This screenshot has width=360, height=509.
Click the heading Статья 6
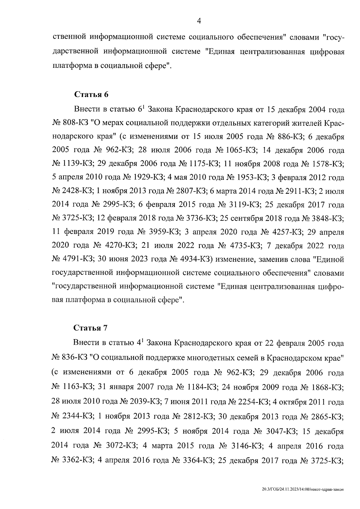click(x=91, y=95)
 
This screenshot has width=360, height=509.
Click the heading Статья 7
click(x=91, y=328)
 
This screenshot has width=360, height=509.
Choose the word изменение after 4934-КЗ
click(x=234, y=259)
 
